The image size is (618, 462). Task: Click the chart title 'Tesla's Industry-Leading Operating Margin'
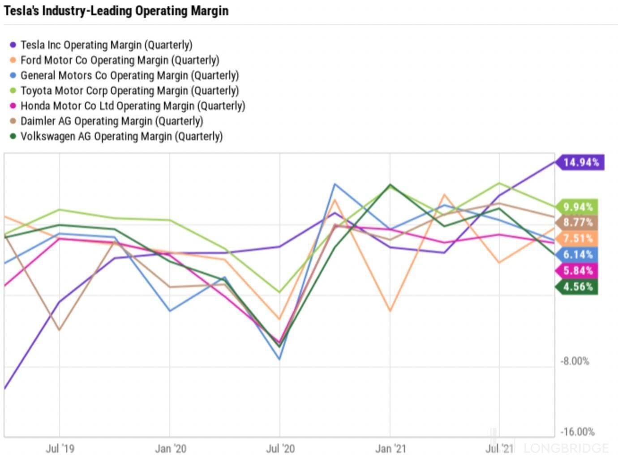pos(116,11)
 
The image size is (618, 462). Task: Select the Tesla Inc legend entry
pos(101,45)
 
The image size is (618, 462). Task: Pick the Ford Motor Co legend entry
pos(114,60)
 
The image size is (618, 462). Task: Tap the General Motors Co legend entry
pos(124,75)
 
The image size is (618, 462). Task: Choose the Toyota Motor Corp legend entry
pos(124,90)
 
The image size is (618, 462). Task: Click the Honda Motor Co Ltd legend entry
pos(127,106)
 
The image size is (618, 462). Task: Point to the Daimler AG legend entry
pos(106,121)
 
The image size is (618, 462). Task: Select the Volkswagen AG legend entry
pos(116,136)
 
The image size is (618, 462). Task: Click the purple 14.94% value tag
pos(580,163)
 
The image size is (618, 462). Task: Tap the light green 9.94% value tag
pos(577,207)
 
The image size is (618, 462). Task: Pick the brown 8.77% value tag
pos(577,222)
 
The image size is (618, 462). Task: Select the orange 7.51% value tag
pos(577,239)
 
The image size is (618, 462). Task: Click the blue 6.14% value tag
pos(577,255)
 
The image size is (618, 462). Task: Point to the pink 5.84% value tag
pos(577,271)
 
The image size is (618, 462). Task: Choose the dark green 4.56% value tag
pos(577,287)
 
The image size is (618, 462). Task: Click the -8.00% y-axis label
pos(575,361)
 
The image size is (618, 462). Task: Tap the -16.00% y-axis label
pos(577,432)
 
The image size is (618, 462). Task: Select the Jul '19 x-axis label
pos(60,449)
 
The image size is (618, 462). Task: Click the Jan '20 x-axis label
pos(171,449)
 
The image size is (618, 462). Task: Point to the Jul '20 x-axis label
pos(280,449)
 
